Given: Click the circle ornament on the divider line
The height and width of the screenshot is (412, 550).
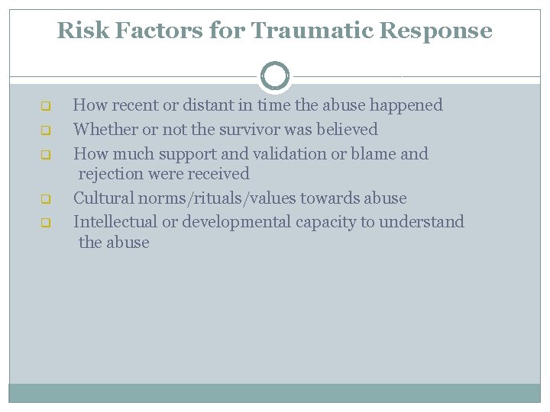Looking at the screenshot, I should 275,76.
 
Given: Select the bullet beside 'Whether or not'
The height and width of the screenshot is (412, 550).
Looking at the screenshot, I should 45,130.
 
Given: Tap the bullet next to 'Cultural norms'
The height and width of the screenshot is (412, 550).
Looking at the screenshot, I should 45,199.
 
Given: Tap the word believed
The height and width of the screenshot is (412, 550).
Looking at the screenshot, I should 347,130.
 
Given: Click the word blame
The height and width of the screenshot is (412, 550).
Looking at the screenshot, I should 370,154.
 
